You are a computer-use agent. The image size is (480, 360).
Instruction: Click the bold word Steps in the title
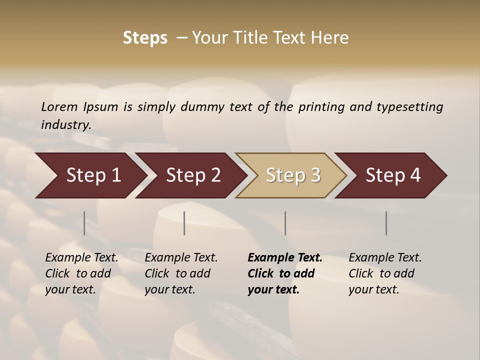(x=145, y=38)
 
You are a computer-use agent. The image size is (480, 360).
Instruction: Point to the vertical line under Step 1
(x=84, y=223)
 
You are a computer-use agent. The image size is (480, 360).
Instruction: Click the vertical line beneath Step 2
(x=184, y=223)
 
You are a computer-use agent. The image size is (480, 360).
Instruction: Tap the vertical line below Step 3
(x=285, y=223)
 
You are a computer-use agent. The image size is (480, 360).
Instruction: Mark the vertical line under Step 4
(x=386, y=223)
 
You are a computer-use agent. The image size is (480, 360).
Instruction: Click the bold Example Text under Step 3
(x=285, y=258)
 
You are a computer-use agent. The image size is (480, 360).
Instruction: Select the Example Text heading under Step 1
(x=81, y=258)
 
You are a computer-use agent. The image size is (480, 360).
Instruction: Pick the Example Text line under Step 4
(x=385, y=258)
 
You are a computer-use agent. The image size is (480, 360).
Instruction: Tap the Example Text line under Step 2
(x=181, y=258)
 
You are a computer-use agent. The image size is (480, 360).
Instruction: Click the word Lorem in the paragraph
(x=59, y=106)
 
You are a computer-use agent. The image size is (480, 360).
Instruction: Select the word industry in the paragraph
(x=65, y=124)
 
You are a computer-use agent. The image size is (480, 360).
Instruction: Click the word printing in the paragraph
(x=320, y=107)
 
